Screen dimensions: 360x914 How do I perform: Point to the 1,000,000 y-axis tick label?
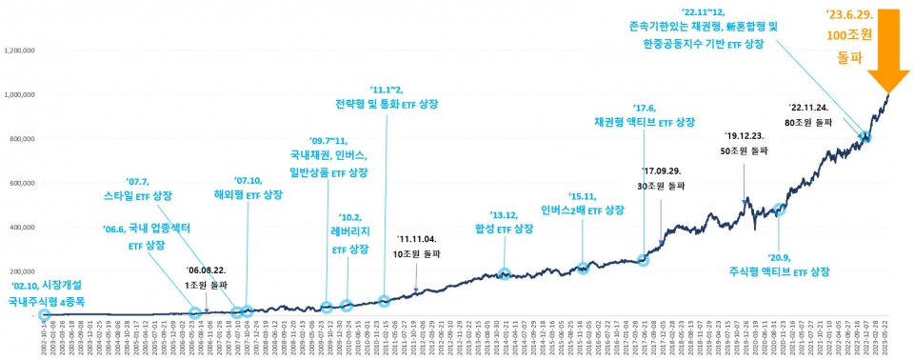[x=21, y=95]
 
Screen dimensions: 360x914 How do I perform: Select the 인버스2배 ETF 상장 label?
[x=582, y=210]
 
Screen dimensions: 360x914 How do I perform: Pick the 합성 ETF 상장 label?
[x=504, y=229]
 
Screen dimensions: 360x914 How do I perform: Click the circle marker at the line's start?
[x=45, y=314]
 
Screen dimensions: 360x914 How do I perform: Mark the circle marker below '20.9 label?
[x=780, y=210]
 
